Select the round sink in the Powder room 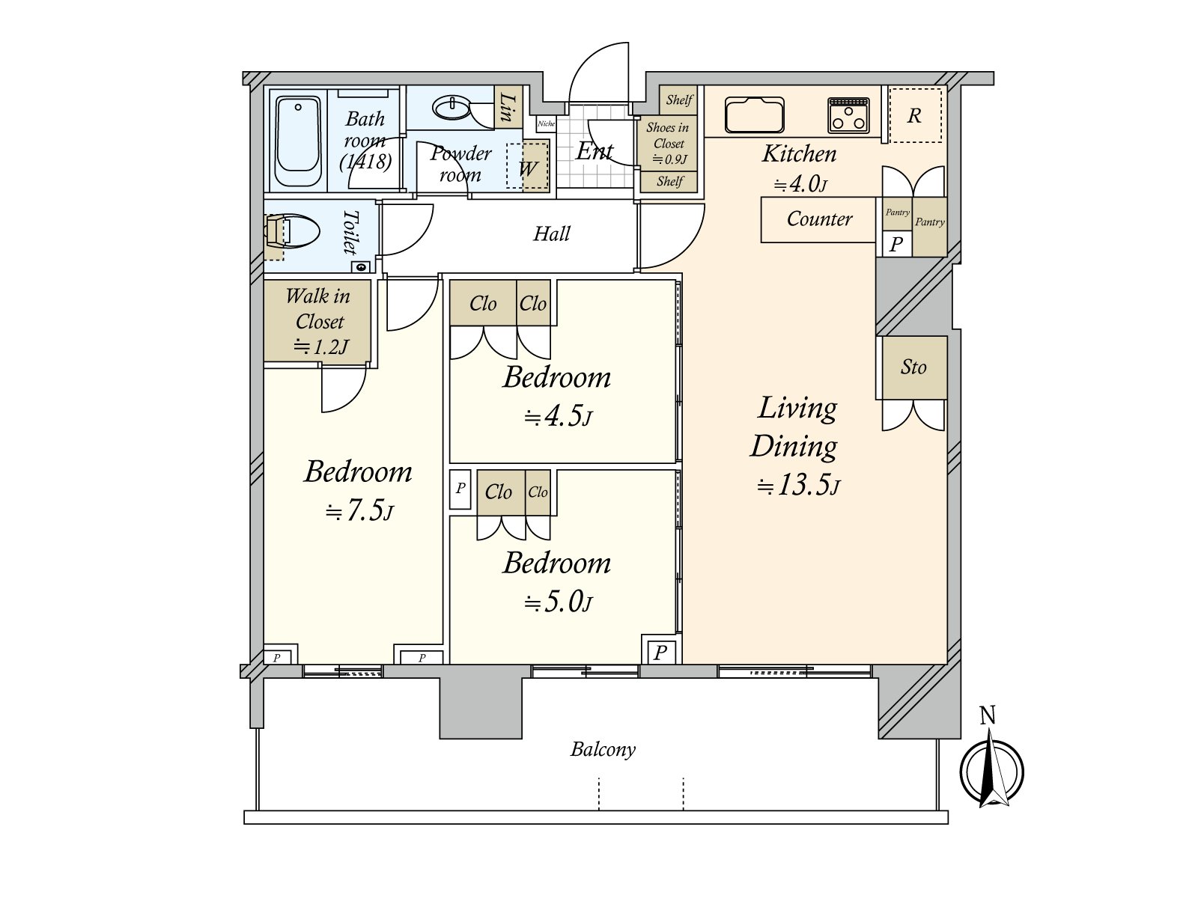tap(452, 108)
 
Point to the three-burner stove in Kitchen tap(848, 116)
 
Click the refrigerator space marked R tap(914, 115)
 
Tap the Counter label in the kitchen tap(819, 219)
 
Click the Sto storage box tap(913, 367)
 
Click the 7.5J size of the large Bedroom tap(359, 512)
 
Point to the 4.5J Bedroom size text tap(558, 417)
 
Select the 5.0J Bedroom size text tap(558, 602)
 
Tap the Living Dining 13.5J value tap(798, 486)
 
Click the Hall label tap(551, 234)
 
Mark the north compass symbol tap(991, 771)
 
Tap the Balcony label tap(603, 749)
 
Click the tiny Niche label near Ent tap(546, 124)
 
